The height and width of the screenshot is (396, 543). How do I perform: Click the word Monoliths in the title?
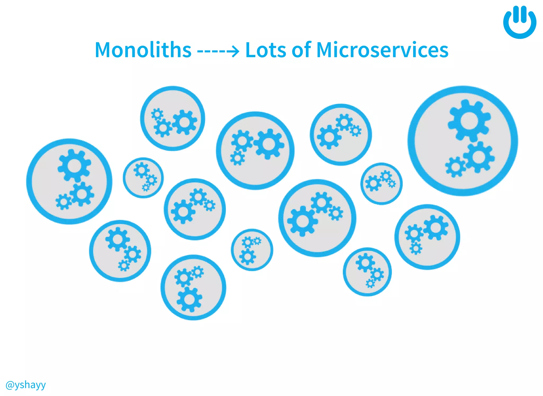(143, 50)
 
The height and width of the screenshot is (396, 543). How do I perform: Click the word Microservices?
(382, 50)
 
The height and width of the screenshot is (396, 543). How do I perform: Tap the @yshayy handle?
(25, 385)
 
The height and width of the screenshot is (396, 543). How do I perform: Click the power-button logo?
(520, 22)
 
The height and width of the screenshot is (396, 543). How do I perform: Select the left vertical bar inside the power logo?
(515, 15)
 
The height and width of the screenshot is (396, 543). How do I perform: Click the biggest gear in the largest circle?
(469, 121)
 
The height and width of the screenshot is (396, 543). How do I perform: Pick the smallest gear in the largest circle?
(455, 167)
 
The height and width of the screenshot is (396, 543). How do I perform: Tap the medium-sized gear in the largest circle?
(479, 157)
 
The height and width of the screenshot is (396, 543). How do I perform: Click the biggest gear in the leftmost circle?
(75, 166)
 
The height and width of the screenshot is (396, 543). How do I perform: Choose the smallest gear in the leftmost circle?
(63, 202)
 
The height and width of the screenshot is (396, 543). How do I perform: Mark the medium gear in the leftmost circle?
(82, 194)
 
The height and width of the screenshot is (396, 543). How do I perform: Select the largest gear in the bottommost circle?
(189, 299)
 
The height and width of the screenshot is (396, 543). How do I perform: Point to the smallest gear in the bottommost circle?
(198, 272)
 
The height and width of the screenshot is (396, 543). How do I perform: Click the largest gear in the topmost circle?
(185, 122)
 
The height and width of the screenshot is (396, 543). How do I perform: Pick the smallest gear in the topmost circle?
(157, 114)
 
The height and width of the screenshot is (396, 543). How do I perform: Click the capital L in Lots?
(250, 50)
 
